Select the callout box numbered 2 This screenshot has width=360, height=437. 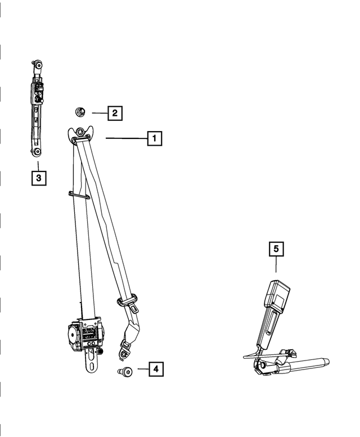tap(115, 113)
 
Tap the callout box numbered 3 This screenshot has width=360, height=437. tap(38, 178)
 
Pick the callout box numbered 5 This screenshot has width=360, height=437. tap(276, 248)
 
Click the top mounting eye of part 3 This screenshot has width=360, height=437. tap(37, 65)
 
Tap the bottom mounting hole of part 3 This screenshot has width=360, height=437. tap(37, 152)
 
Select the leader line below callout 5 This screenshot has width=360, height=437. tap(276, 265)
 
